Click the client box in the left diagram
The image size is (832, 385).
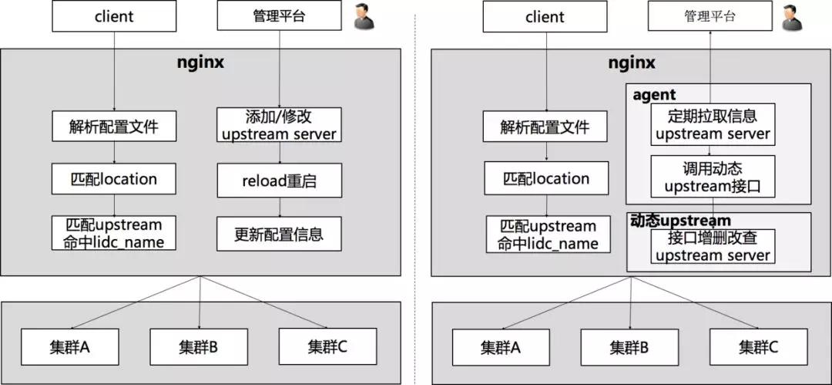[114, 16]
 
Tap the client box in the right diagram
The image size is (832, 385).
[545, 17]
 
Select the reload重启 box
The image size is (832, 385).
[278, 181]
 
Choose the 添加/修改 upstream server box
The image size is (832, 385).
[278, 126]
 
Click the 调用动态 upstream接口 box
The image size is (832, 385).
[712, 177]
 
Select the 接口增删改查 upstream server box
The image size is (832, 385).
[712, 247]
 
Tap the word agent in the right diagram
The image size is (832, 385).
[654, 95]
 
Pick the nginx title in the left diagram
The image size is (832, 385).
[200, 62]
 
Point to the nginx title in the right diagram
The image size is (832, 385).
[631, 62]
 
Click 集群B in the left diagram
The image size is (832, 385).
[199, 346]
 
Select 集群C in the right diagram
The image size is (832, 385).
[758, 346]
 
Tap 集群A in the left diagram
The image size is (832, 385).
[70, 346]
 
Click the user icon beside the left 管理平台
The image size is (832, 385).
[364, 17]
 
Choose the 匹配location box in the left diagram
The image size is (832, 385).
[114, 179]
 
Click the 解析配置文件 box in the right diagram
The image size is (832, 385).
[545, 126]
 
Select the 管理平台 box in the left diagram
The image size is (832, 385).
[278, 16]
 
